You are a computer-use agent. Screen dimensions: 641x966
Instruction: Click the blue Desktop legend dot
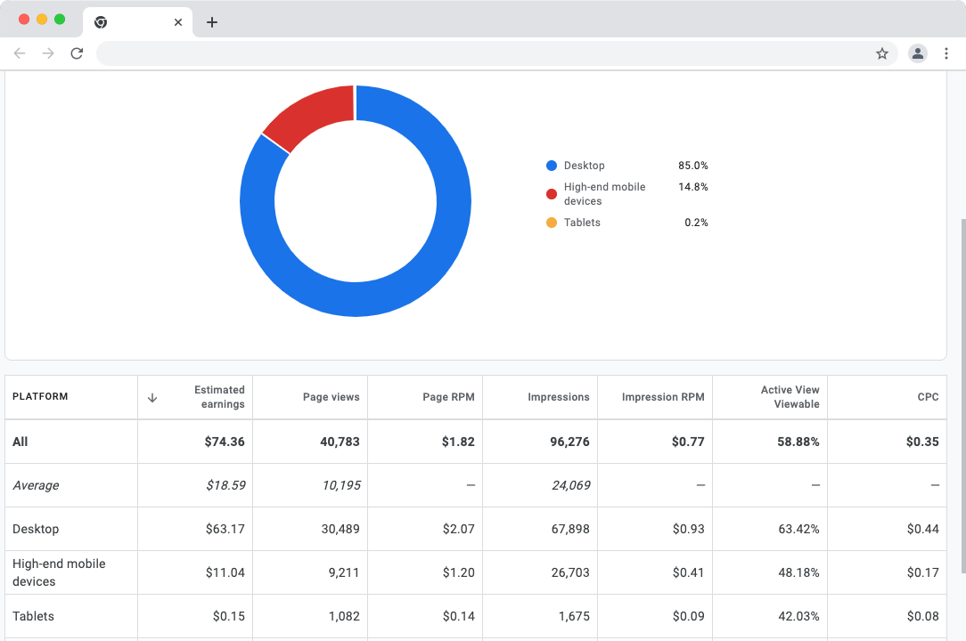point(552,166)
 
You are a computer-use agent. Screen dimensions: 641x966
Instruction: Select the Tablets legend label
point(582,223)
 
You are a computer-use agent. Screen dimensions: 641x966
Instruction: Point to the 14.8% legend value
point(692,187)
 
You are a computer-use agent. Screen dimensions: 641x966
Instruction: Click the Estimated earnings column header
point(219,397)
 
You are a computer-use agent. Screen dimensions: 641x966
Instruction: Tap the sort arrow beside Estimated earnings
point(152,398)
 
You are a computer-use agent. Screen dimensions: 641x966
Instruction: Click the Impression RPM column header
point(663,397)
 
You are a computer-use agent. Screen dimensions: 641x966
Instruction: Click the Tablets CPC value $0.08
point(922,616)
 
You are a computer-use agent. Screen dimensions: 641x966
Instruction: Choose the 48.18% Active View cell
point(798,572)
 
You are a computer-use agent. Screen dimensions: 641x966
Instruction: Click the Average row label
point(36,485)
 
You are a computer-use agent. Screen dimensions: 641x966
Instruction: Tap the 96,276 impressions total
point(569,442)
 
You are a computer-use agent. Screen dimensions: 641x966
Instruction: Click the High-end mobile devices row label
point(59,572)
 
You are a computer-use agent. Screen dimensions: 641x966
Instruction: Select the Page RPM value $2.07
point(458,529)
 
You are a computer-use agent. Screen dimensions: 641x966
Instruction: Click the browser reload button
point(77,53)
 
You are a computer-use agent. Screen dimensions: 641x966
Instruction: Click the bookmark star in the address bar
point(882,53)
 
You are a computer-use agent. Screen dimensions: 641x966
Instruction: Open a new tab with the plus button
point(211,22)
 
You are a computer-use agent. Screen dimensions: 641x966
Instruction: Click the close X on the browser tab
point(178,22)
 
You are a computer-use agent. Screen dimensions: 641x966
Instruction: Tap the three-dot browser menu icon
point(946,53)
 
